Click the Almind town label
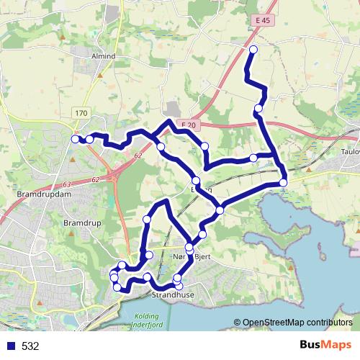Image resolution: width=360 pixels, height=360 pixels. coord(104,55)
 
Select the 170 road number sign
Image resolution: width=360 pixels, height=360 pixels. coord(81,113)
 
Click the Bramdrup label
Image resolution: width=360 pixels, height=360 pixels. coord(79,223)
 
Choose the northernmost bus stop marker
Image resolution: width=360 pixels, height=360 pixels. coord(253,49)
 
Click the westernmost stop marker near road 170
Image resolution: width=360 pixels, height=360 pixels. coord(76,139)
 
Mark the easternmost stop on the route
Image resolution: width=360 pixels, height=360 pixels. coord(284,182)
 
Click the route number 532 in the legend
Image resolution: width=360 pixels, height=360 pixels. coord(30,346)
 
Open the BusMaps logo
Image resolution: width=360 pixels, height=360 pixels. coord(324,345)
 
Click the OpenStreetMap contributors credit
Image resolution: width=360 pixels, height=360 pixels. coord(296,323)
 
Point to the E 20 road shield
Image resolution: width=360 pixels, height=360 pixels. coord(189,125)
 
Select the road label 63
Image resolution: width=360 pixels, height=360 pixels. coord(67,186)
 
